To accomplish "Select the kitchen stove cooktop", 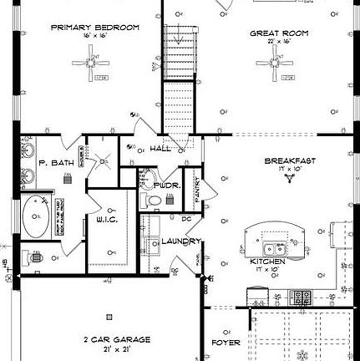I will pyautogui.click(x=302, y=296).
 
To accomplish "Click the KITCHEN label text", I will pyautogui.click(x=268, y=262).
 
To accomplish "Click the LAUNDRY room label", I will pyautogui.click(x=180, y=242).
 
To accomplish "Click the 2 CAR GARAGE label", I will pyautogui.click(x=116, y=339).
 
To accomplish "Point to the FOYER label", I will pyautogui.click(x=226, y=342).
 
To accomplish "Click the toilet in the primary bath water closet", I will pyautogui.click(x=30, y=257).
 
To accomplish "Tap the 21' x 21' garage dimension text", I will pyautogui.click(x=116, y=348).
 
